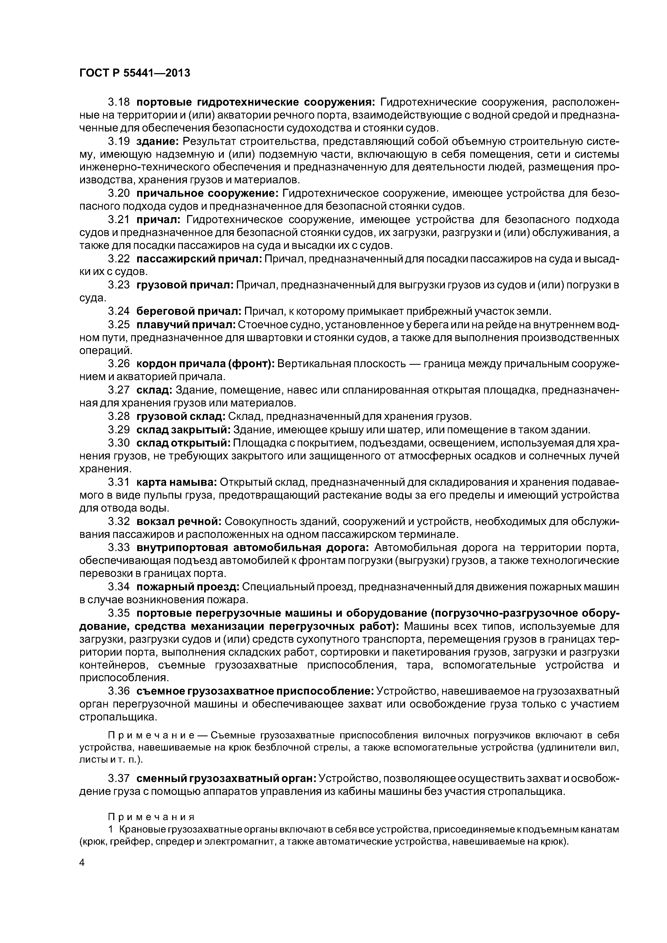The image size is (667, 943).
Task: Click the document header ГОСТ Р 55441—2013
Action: (135, 73)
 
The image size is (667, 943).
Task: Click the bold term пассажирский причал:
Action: (199, 259)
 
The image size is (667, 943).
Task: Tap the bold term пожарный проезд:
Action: (188, 587)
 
